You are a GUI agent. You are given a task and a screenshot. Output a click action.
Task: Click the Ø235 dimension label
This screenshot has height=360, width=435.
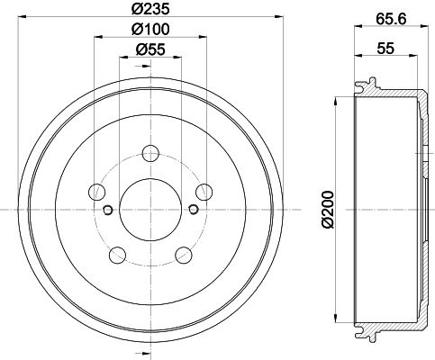[150, 9]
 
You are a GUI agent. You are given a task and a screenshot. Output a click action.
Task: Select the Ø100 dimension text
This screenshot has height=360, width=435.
[150, 29]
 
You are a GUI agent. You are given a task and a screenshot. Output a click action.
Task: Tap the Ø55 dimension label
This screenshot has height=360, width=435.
[150, 49]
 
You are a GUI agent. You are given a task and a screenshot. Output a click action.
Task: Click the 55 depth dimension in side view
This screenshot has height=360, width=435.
[385, 48]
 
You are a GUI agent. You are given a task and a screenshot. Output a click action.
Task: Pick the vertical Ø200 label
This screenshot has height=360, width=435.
[328, 210]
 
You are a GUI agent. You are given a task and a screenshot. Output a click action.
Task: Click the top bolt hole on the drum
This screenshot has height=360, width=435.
[150, 153]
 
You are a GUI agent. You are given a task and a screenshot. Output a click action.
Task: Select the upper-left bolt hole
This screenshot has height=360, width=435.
[97, 192]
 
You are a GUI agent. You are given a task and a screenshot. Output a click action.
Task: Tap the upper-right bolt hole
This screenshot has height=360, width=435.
[204, 192]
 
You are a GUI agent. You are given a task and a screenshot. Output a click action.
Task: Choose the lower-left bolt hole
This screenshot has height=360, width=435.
[117, 255]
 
